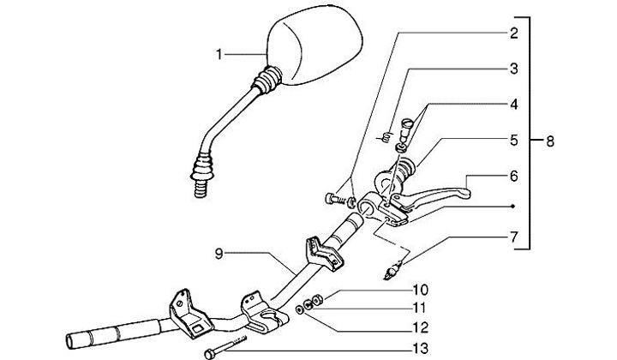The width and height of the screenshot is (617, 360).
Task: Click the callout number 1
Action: tap(220, 54)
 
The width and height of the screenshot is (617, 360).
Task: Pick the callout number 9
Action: tap(220, 254)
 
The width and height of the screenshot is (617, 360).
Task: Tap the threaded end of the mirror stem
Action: tap(202, 186)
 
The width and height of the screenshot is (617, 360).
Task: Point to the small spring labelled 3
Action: tap(386, 135)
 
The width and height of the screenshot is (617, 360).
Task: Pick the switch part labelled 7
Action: tap(392, 270)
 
